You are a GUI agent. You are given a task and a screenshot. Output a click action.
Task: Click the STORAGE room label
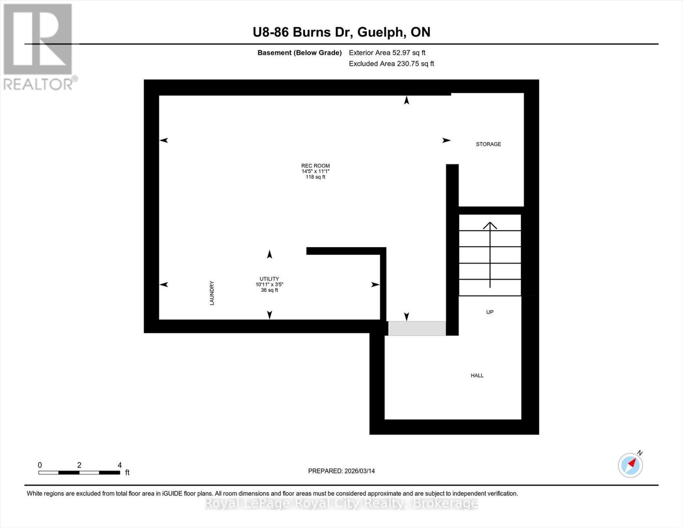click(x=488, y=144)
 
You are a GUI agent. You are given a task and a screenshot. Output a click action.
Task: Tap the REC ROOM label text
click(x=315, y=166)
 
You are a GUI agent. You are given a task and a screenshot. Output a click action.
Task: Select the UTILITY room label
click(x=269, y=279)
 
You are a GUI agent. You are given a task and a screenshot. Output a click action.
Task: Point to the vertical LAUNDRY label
click(x=212, y=293)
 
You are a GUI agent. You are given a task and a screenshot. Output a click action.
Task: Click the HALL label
click(x=477, y=376)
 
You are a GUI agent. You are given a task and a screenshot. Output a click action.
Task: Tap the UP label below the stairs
click(x=489, y=312)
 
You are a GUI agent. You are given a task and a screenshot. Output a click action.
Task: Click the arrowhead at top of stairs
click(x=490, y=225)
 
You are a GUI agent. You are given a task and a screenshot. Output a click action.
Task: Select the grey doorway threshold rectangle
click(x=416, y=329)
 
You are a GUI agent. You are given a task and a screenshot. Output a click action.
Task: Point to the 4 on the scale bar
click(x=120, y=465)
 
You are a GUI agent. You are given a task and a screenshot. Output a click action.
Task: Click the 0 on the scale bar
click(x=40, y=465)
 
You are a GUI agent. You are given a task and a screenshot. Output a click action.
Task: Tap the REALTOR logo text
click(x=39, y=84)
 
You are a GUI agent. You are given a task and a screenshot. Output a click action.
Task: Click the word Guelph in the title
click(x=381, y=32)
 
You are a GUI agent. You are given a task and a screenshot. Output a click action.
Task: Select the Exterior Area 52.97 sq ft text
click(x=387, y=53)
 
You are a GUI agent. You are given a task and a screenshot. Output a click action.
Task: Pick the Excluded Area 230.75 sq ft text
click(x=391, y=64)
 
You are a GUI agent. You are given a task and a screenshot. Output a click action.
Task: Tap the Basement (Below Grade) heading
click(x=299, y=53)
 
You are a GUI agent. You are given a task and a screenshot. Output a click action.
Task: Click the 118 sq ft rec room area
click(x=315, y=177)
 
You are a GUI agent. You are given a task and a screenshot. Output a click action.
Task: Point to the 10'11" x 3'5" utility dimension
click(x=269, y=285)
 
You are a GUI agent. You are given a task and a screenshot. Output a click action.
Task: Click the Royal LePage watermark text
click(x=341, y=503)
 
